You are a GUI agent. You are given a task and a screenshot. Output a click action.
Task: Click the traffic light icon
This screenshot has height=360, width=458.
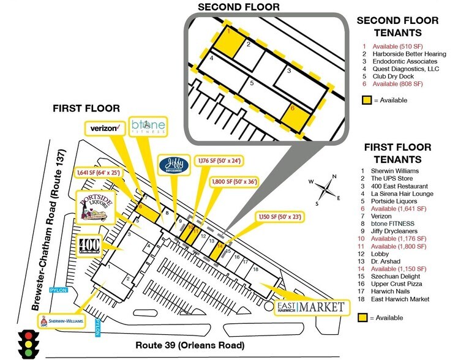click(x=26, y=344)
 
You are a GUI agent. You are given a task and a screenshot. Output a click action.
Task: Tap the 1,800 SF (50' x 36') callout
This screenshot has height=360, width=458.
click(x=217, y=181)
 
